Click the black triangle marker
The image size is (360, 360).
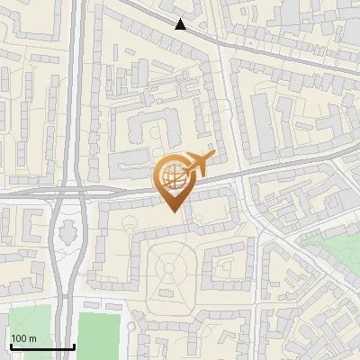(181, 24)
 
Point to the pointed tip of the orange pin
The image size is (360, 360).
(174, 211)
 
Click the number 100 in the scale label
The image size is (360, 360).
(19, 337)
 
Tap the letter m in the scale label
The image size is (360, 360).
(33, 337)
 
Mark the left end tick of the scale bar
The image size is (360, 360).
(11, 346)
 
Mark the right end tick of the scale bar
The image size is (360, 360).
(73, 346)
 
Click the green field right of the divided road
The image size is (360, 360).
(99, 334)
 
